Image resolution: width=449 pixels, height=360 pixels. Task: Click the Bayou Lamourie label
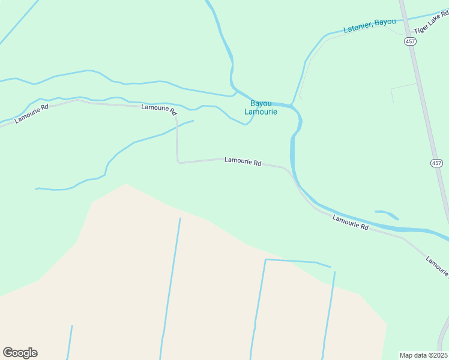pos(261,107)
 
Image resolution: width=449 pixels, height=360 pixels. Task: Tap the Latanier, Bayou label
pos(369,26)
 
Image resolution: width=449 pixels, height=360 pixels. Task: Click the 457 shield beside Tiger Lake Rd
pos(410,41)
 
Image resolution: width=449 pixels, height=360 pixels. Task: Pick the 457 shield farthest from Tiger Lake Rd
pos(436,163)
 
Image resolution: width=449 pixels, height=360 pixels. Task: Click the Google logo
pos(20,353)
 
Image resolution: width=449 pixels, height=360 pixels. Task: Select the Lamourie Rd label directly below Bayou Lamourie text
pos(243,161)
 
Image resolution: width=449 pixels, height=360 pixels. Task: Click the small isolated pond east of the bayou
pos(387,214)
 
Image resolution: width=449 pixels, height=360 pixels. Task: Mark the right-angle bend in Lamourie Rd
pos(178,161)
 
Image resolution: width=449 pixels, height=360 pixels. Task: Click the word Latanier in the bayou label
pos(358,27)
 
